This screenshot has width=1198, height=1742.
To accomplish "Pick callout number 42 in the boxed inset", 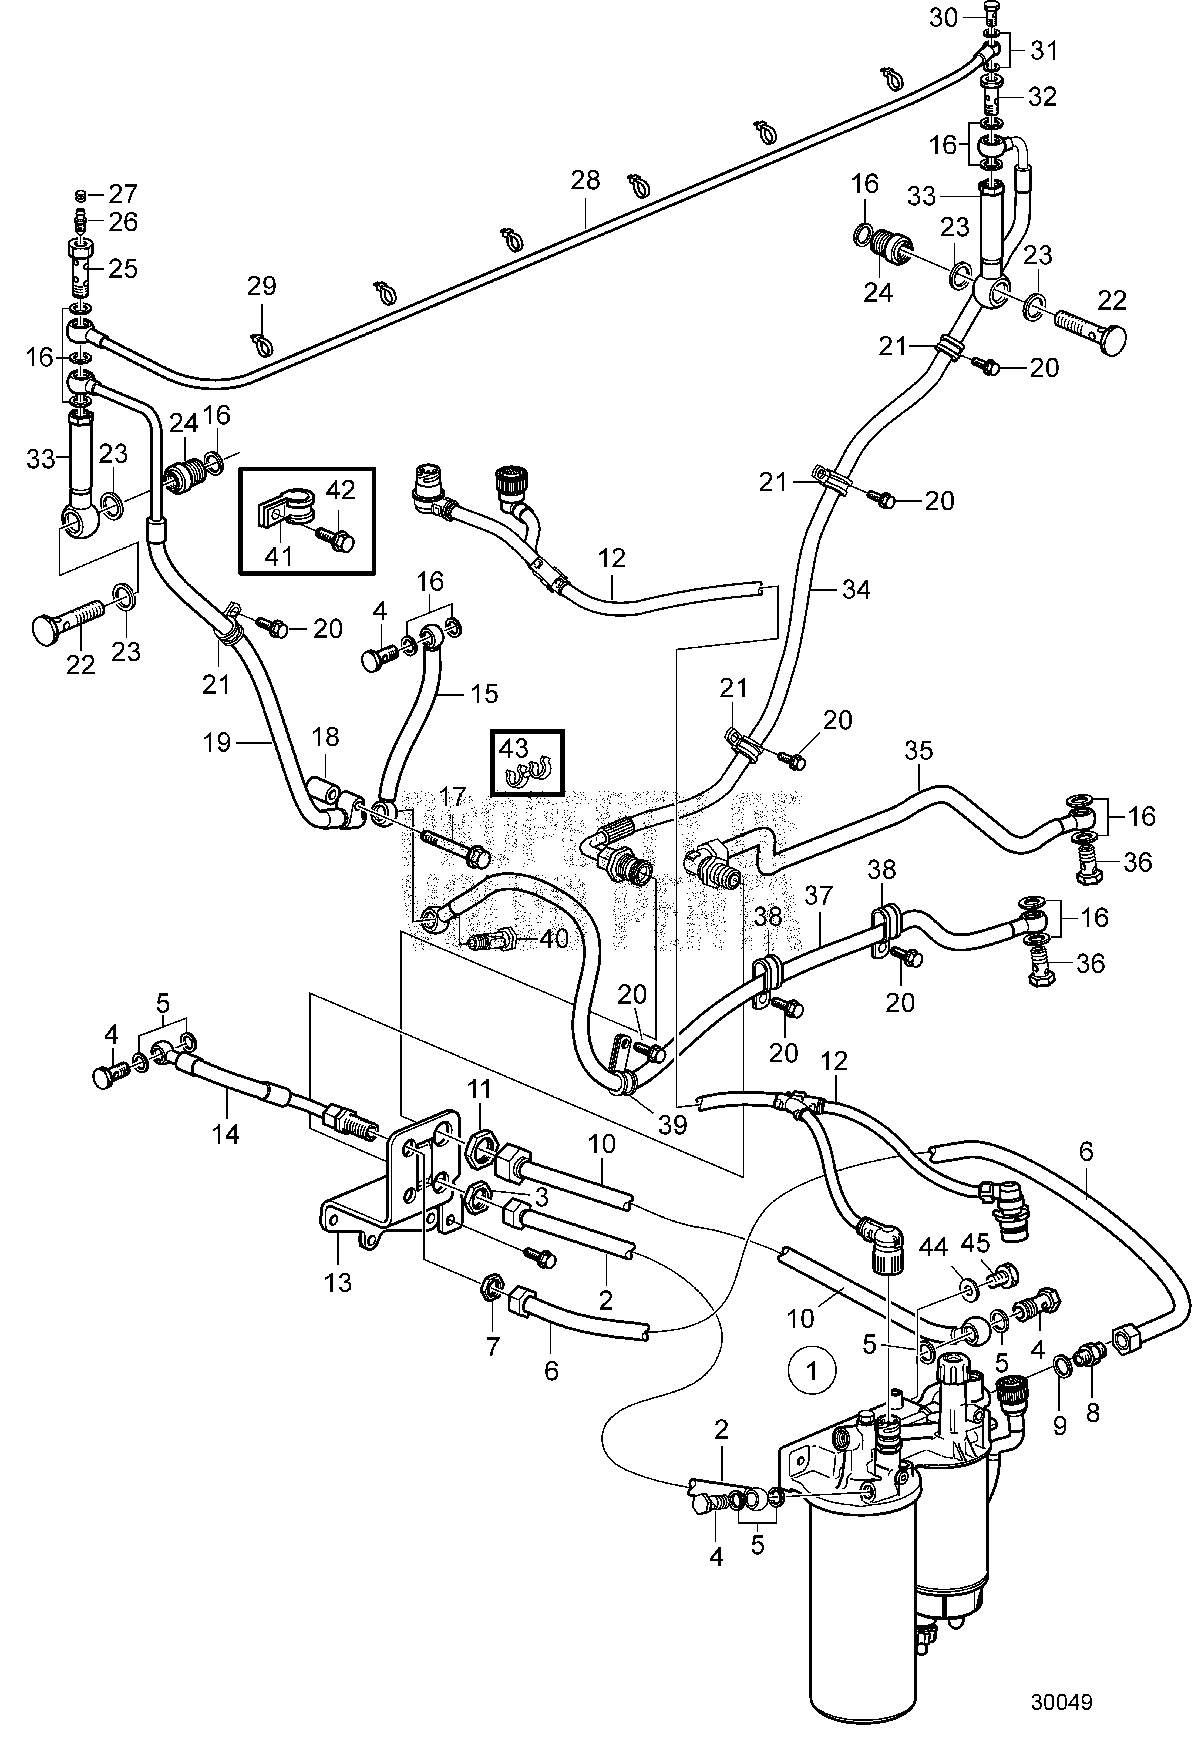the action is pyautogui.click(x=341, y=491).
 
